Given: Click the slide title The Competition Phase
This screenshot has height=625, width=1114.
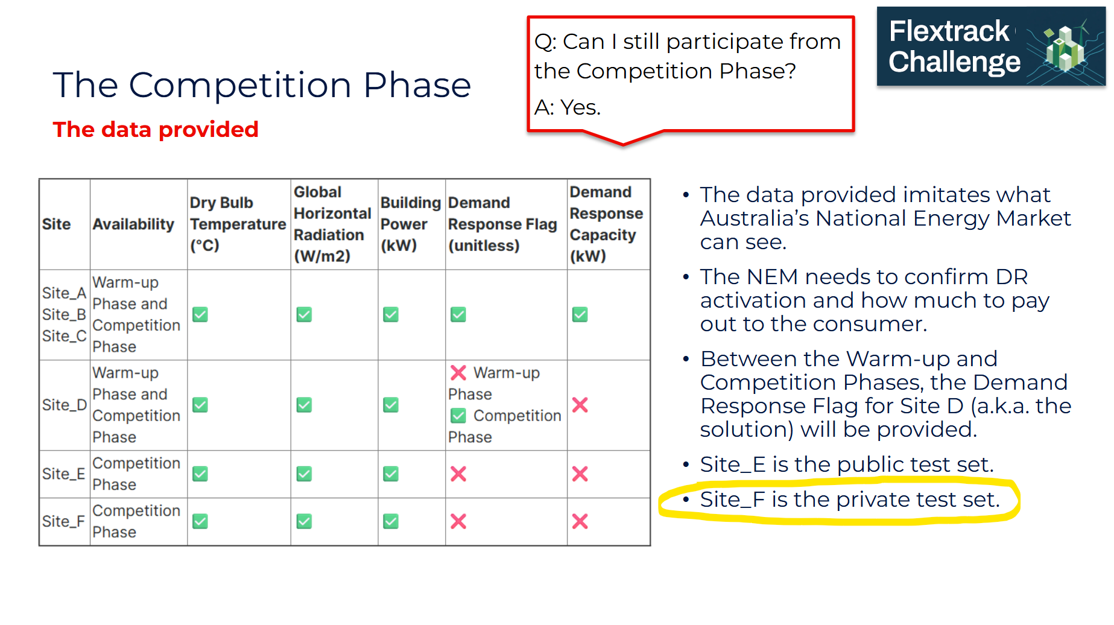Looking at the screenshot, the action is tap(262, 84).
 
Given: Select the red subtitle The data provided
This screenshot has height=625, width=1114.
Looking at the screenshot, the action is tap(156, 129).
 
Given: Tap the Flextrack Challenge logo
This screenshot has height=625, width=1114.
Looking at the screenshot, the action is tap(990, 46).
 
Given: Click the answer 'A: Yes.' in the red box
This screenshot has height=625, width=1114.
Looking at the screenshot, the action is tap(568, 107).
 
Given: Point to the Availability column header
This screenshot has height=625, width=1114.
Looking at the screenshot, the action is tap(133, 224).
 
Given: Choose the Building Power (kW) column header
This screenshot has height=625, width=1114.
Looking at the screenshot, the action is tap(410, 224).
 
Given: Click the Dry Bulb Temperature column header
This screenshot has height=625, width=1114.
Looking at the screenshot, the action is tap(238, 224).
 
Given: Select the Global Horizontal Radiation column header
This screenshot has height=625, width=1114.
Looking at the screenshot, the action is tap(332, 224).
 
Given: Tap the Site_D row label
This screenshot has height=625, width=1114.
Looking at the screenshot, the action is tap(65, 405).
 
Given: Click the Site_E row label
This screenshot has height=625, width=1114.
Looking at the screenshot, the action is tap(63, 474).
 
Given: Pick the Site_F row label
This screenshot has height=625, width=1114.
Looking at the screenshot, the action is tap(63, 521).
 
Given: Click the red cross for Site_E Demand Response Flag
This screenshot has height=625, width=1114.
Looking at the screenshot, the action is tap(458, 474).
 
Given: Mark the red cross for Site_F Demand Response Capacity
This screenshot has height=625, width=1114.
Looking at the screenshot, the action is tap(580, 521).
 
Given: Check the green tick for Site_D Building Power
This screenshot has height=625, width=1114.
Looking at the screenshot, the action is tap(391, 405).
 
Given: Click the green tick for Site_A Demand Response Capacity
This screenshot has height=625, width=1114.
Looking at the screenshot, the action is tap(580, 314).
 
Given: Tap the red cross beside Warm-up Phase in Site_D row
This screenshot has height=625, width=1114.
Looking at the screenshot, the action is tap(458, 373).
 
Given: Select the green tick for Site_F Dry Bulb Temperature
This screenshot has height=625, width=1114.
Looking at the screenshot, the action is tap(200, 521).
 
